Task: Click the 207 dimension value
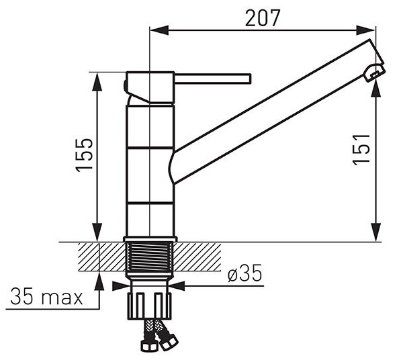[x=263, y=18]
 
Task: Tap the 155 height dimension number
[x=85, y=155]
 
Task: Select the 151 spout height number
[x=361, y=149]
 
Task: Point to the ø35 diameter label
[x=245, y=273]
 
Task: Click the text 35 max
[x=46, y=297]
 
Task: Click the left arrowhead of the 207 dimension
[x=160, y=30]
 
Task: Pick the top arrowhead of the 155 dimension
[x=97, y=81]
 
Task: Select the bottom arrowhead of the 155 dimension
[x=97, y=232]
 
